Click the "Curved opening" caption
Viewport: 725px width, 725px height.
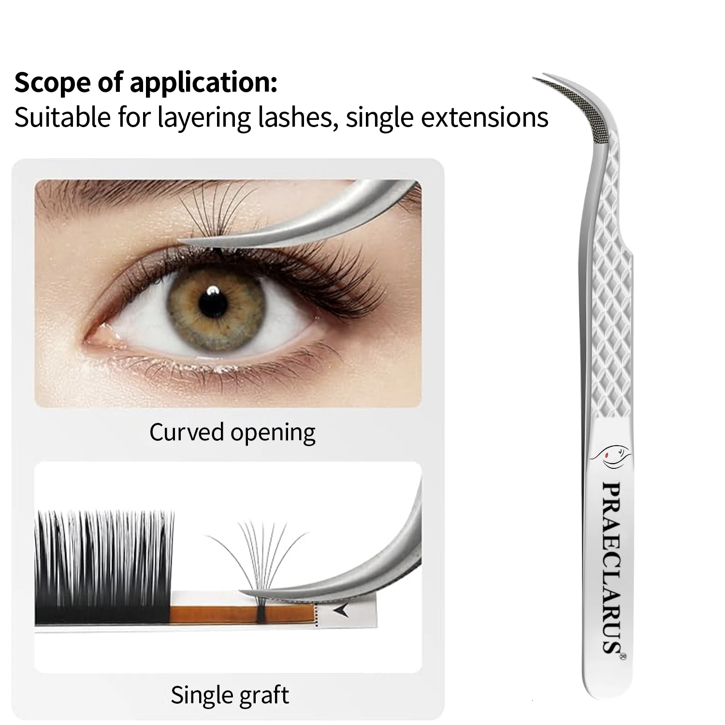point(232,432)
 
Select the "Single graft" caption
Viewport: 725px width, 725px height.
point(230,696)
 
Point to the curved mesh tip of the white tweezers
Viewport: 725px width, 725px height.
point(580,97)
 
